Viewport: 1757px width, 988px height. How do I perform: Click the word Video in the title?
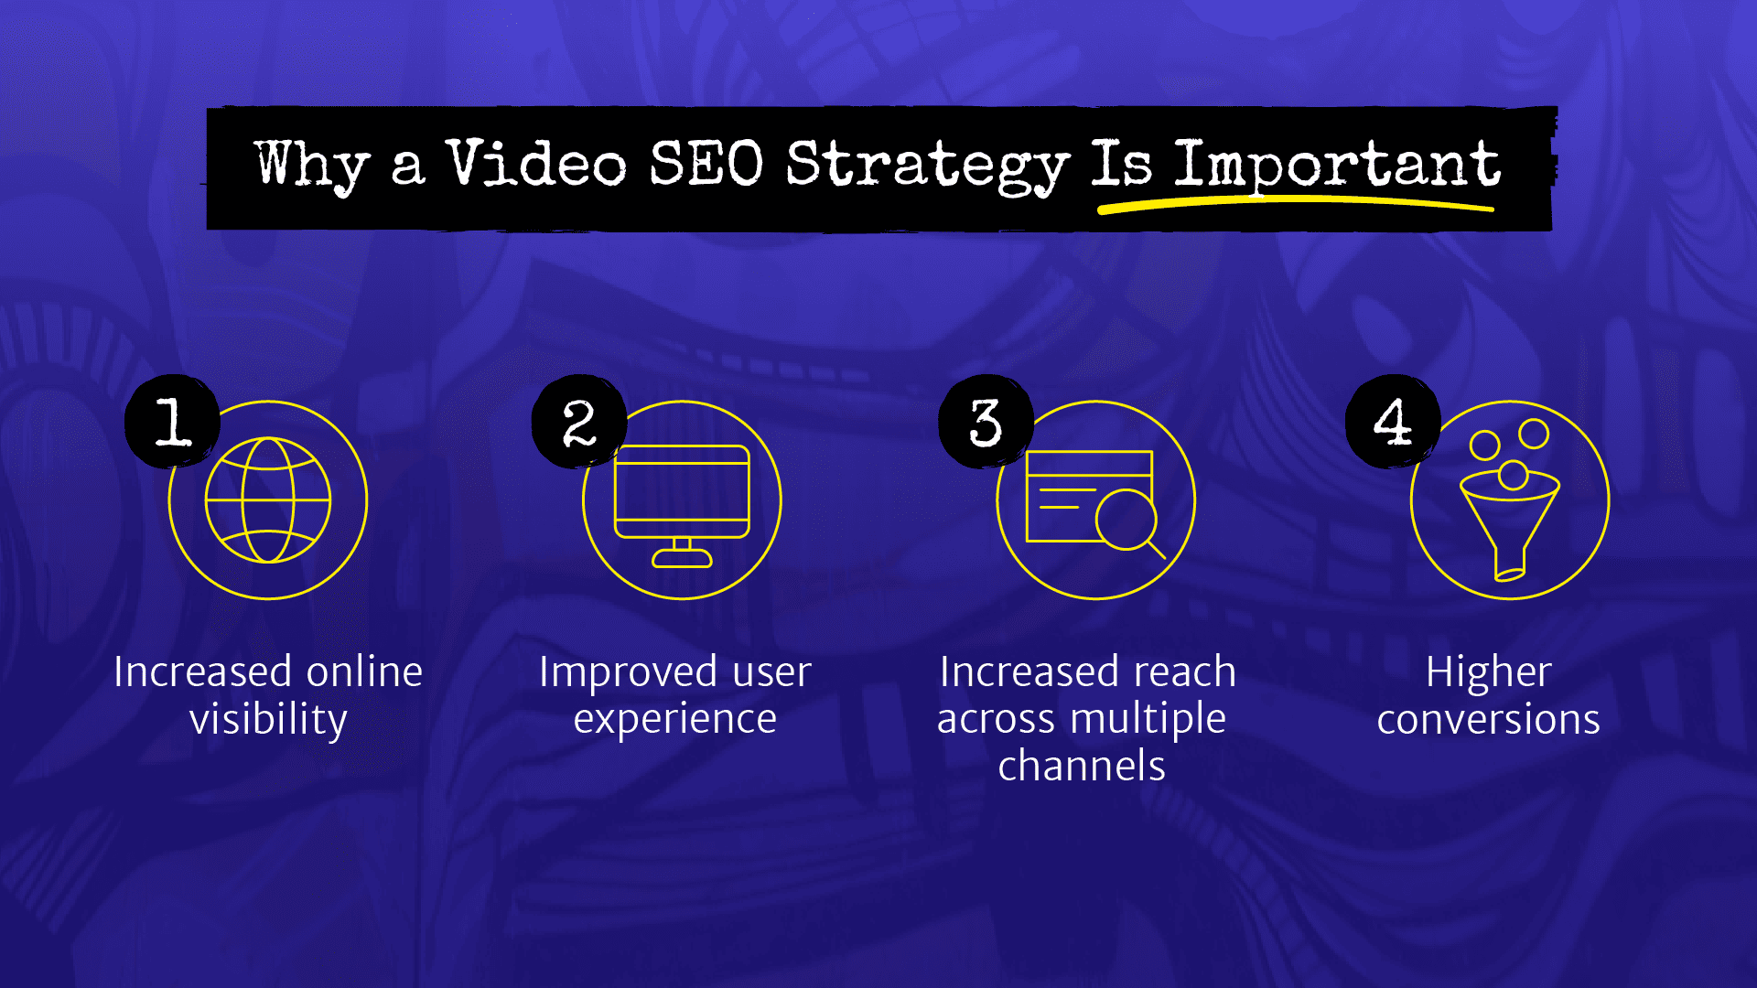536,165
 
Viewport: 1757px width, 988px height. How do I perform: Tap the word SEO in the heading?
706,165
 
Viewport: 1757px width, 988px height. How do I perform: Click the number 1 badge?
173,422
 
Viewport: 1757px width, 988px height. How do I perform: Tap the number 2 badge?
579,422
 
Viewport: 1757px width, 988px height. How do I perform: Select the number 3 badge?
986,422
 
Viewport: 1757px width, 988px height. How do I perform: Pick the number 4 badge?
1392,422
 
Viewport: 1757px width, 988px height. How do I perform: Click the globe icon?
268,500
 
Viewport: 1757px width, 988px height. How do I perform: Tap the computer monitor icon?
682,494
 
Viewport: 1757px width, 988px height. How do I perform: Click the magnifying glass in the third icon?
1127,520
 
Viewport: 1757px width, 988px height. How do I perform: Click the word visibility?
268,719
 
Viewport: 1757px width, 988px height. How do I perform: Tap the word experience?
675,719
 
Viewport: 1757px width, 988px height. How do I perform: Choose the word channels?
1082,766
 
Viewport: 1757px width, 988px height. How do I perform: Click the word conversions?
1489,719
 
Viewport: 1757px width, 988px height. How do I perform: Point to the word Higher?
1489,672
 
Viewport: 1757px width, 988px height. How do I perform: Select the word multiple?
1150,719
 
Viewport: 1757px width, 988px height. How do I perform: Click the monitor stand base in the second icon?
682,558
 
